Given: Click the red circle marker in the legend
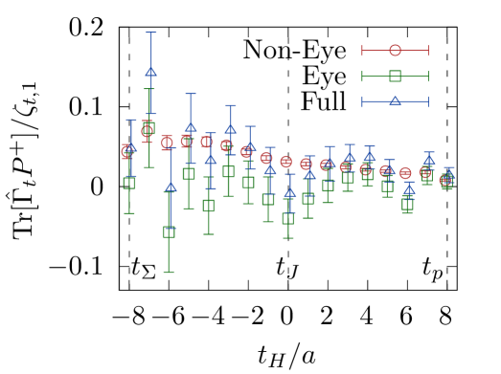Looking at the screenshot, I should pyautogui.click(x=395, y=51).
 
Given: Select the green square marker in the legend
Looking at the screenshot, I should pyautogui.click(x=395, y=77).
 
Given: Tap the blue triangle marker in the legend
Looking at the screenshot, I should pyautogui.click(x=395, y=101).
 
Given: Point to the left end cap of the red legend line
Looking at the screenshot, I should pyautogui.click(x=362, y=51).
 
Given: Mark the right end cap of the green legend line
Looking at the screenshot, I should pyautogui.click(x=427, y=77).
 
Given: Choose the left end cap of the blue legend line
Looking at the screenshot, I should pyautogui.click(x=362, y=101).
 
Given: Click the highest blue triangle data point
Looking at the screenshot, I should pyautogui.click(x=150, y=72).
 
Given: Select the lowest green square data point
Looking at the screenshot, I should pyautogui.click(x=169, y=231).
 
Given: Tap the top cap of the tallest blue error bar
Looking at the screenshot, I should pyautogui.click(x=150, y=33).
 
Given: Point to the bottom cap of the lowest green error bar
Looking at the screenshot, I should pyautogui.click(x=169, y=273).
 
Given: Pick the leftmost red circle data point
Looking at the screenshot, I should pyautogui.click(x=127, y=151).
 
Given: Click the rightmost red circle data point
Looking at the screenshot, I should pyautogui.click(x=445, y=180).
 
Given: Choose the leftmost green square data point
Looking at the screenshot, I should pyautogui.click(x=129, y=182).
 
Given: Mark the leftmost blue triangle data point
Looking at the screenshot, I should pyautogui.click(x=130, y=148).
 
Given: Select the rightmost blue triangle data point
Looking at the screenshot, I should pyautogui.click(x=448, y=176).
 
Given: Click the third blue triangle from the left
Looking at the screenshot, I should pyautogui.click(x=171, y=187).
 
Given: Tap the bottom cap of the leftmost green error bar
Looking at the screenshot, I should pyautogui.click(x=129, y=213).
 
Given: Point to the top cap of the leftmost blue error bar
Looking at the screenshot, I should pyautogui.click(x=130, y=120).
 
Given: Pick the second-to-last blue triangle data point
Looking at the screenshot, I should pyautogui.click(x=429, y=160).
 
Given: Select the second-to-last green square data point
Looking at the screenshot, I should pyautogui.click(x=427, y=174).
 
